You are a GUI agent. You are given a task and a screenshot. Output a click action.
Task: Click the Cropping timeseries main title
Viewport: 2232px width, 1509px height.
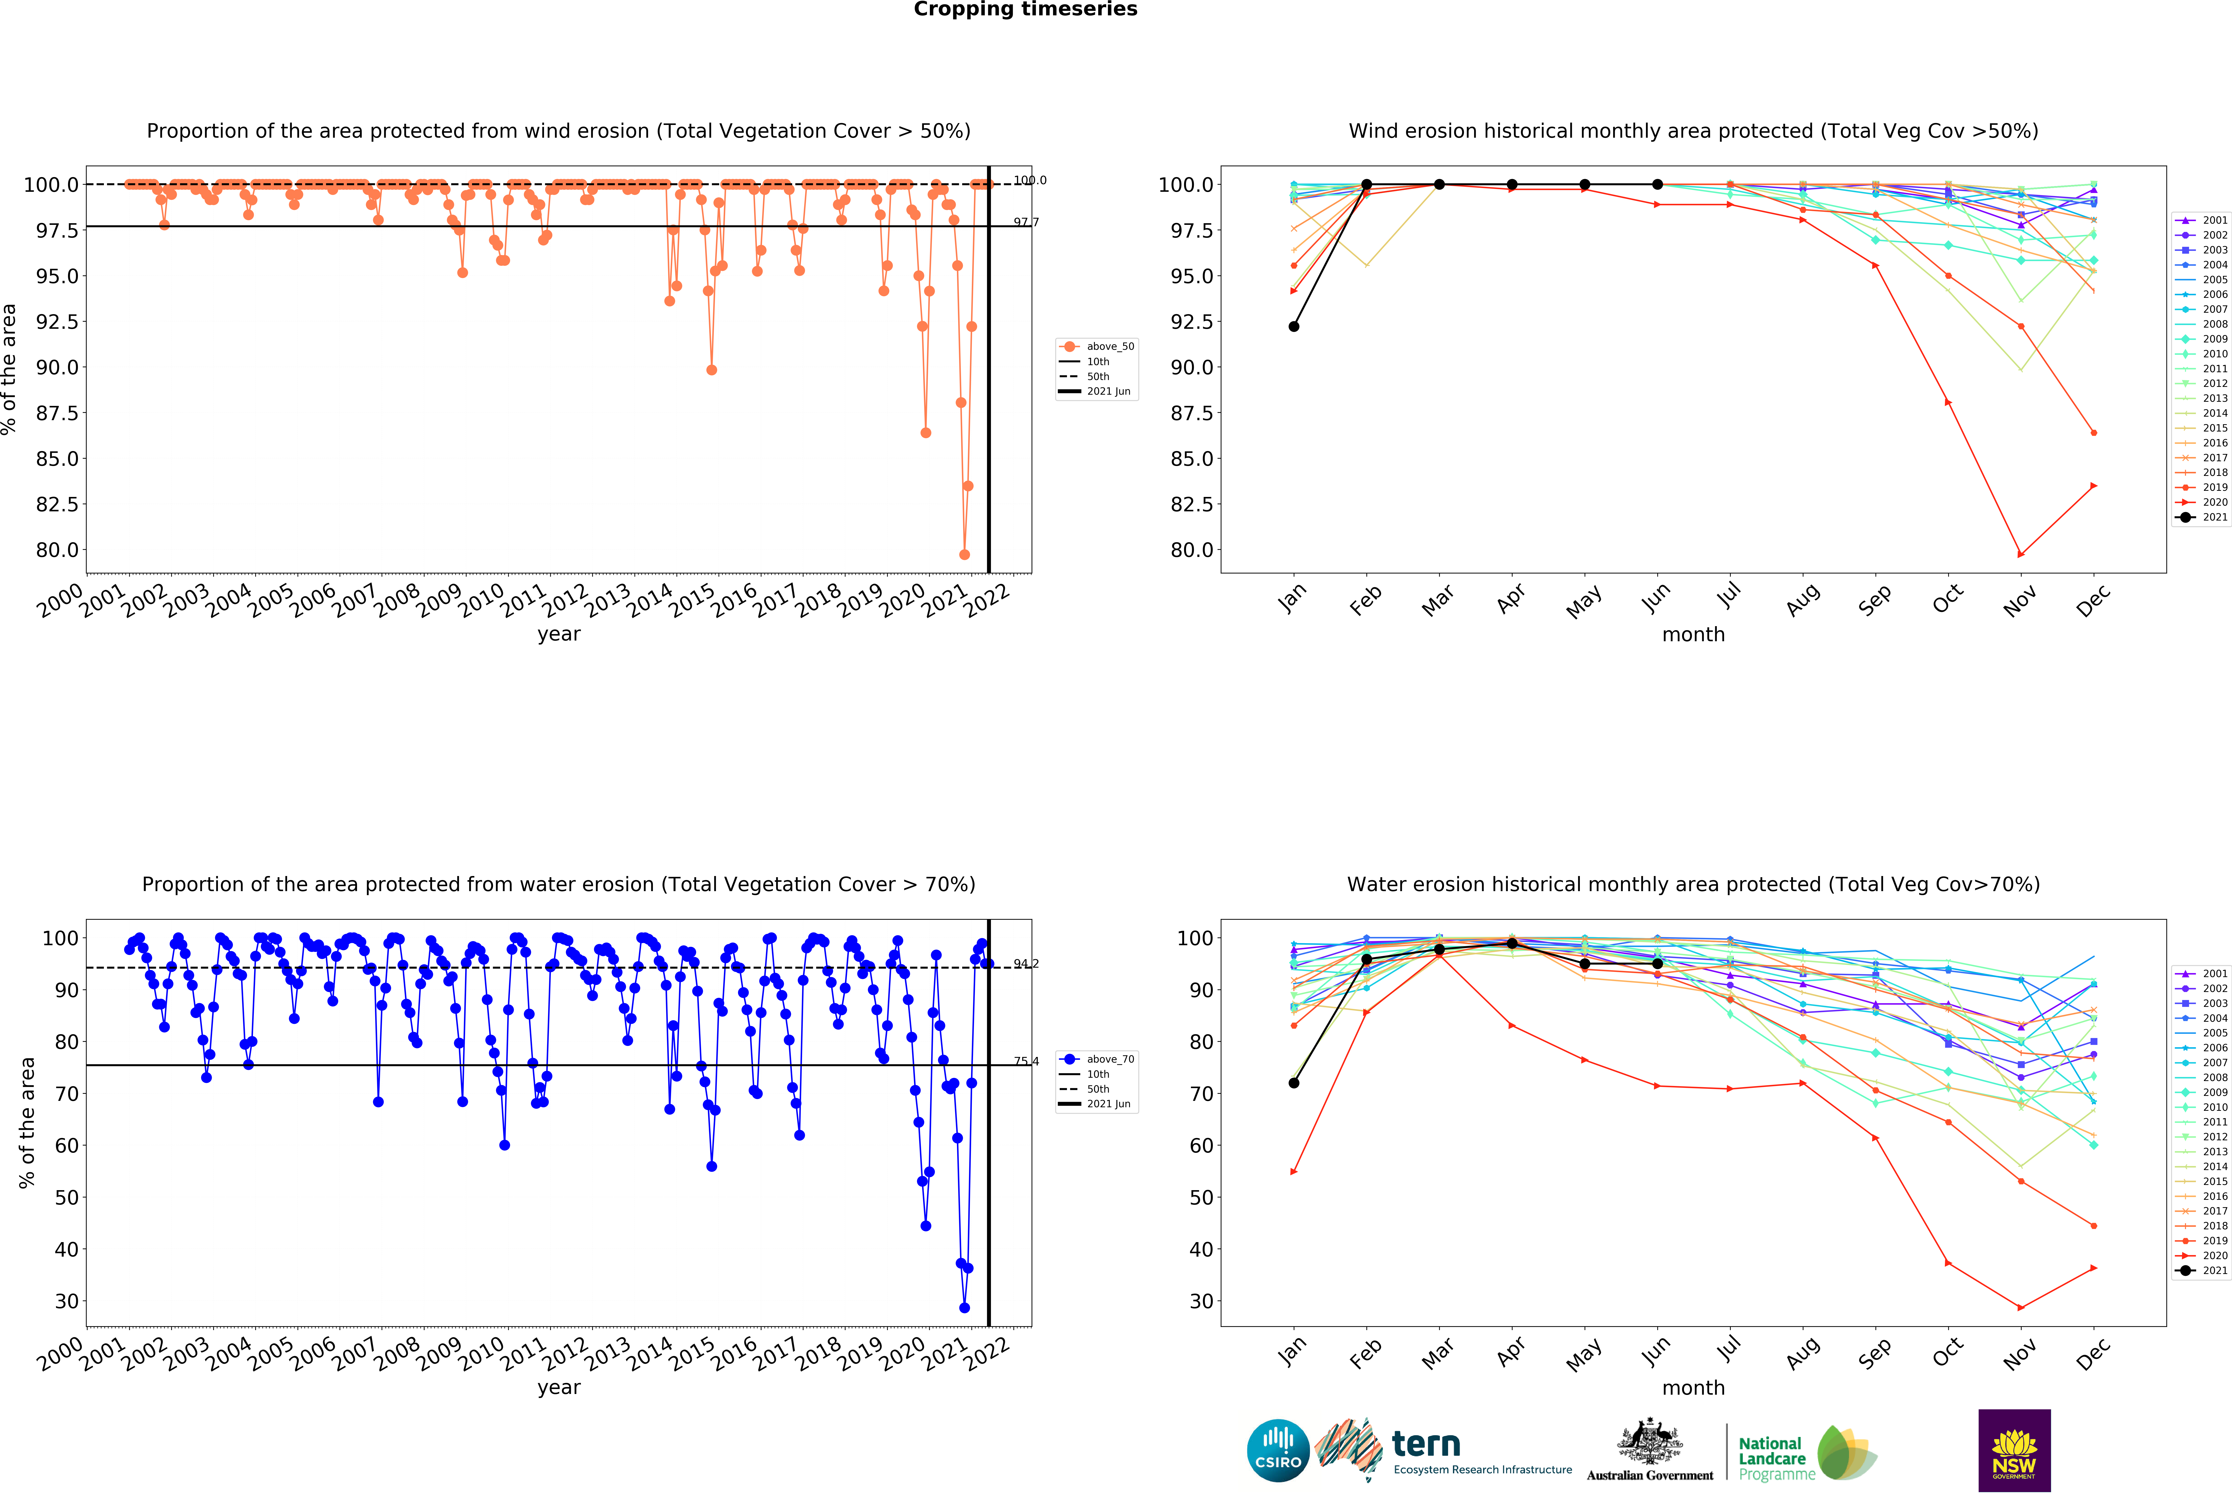point(1025,10)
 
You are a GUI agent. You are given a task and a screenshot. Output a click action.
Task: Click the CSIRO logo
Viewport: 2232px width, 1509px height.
point(1277,1450)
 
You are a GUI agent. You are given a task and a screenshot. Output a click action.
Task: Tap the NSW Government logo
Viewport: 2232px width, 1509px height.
point(2014,1450)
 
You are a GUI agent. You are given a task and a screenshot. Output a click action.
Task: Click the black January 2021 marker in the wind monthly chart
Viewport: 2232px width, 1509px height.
point(1294,327)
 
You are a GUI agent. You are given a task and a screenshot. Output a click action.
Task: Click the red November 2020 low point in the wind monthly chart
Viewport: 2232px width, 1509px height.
point(2021,554)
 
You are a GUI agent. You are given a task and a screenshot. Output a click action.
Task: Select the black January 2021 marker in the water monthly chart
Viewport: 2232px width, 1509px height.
point(1294,1082)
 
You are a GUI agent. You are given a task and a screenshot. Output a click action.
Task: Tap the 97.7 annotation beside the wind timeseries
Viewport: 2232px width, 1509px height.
point(1026,222)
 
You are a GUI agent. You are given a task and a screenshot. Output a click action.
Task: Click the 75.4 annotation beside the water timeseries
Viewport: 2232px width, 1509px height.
point(1026,1061)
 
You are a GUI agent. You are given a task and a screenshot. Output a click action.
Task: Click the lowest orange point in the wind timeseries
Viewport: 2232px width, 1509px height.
point(964,554)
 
